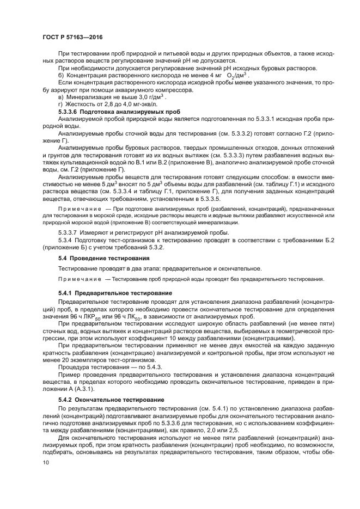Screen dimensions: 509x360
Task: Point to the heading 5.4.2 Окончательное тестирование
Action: coord(113,400)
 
